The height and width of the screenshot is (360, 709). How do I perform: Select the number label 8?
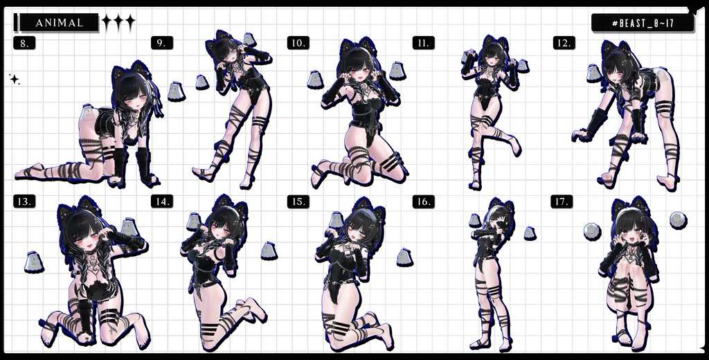(x=24, y=43)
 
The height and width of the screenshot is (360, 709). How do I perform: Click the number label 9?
(x=161, y=43)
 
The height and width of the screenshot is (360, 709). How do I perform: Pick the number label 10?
(x=298, y=43)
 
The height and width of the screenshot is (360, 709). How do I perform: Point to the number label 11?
(x=423, y=43)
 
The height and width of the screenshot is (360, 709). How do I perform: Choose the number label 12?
(x=564, y=43)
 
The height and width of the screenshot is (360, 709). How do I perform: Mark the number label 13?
(x=24, y=201)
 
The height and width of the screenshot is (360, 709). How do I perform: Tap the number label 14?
(x=161, y=201)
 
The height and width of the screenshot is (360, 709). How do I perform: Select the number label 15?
(x=298, y=201)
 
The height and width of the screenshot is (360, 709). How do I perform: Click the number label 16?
(x=423, y=201)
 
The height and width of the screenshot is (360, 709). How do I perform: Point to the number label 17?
(x=562, y=201)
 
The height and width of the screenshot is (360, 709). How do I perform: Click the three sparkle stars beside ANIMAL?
(x=118, y=23)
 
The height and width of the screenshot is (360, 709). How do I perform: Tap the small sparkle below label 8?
(x=14, y=80)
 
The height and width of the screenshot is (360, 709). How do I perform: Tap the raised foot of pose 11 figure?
(x=513, y=147)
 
